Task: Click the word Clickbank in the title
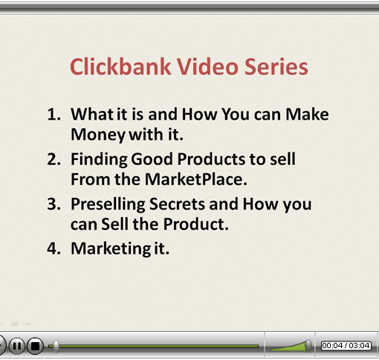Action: point(120,66)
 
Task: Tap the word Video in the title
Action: point(207,66)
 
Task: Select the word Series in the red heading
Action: point(276,66)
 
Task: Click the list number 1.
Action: point(54,115)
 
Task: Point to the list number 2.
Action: point(54,159)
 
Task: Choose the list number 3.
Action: point(54,204)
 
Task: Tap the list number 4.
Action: point(54,248)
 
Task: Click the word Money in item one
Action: point(98,135)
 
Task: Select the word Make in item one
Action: point(307,114)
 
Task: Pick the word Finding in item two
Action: point(100,160)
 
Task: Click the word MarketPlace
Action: point(195,179)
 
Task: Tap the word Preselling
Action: point(108,205)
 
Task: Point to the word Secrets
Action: point(178,204)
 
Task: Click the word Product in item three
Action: point(195,224)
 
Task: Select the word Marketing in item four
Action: point(111,249)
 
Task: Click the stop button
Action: point(35,346)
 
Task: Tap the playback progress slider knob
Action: point(56,346)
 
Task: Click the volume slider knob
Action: point(308,345)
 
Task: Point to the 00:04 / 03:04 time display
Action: point(346,345)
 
